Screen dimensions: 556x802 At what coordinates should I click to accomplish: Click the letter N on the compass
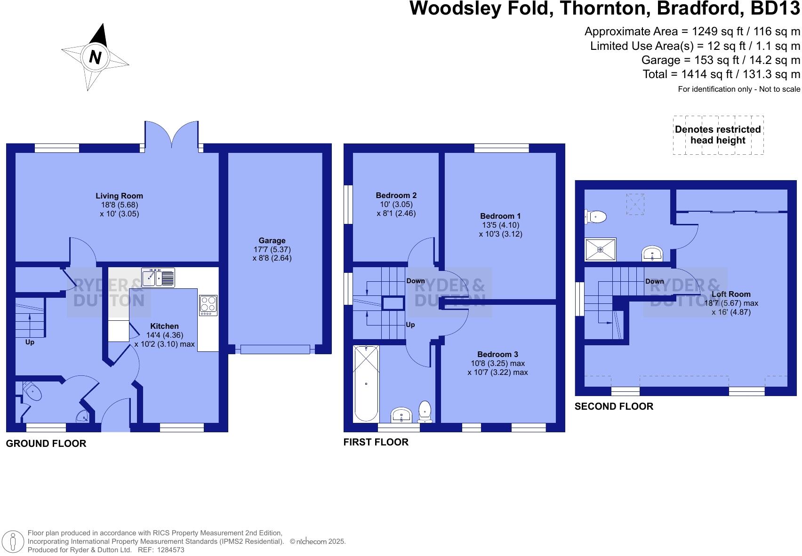(95, 57)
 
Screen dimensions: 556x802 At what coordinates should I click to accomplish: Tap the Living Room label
(119, 196)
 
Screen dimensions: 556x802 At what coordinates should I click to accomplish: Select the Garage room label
(272, 241)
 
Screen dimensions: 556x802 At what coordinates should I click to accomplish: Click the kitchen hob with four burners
(208, 305)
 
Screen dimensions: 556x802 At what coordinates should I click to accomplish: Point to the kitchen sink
(158, 278)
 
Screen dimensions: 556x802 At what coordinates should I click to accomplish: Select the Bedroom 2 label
(396, 196)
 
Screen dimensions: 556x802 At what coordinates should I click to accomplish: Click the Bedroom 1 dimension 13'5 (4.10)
(500, 225)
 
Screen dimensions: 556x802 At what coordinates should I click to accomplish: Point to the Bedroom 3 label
(497, 355)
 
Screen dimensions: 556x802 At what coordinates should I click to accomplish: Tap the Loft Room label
(730, 294)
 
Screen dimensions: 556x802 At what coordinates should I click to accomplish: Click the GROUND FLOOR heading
(46, 444)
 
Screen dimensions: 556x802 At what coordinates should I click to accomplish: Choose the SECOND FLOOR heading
(614, 406)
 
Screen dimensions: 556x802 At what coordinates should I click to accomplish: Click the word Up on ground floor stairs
(30, 342)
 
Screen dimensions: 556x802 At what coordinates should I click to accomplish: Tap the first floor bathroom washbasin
(401, 415)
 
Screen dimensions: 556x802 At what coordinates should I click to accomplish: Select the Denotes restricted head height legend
(718, 135)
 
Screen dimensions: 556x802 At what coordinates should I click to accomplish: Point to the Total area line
(721, 74)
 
